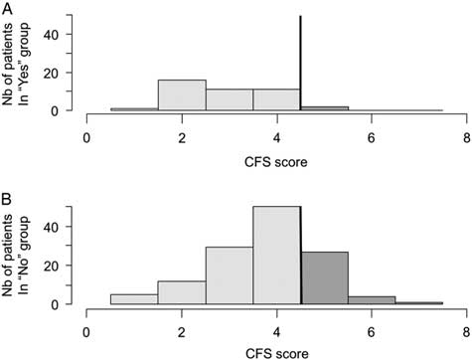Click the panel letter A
coord(8,9)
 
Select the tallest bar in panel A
coord(182,95)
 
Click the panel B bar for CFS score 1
coord(134,297)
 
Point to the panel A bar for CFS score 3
coord(230,100)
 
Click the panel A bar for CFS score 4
coord(276,100)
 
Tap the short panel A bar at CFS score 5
coord(324,108)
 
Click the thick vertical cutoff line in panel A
coord(300,60)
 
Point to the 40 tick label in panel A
coord(58,34)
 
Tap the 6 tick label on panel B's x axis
coord(372,323)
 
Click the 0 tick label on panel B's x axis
coord(87,323)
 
